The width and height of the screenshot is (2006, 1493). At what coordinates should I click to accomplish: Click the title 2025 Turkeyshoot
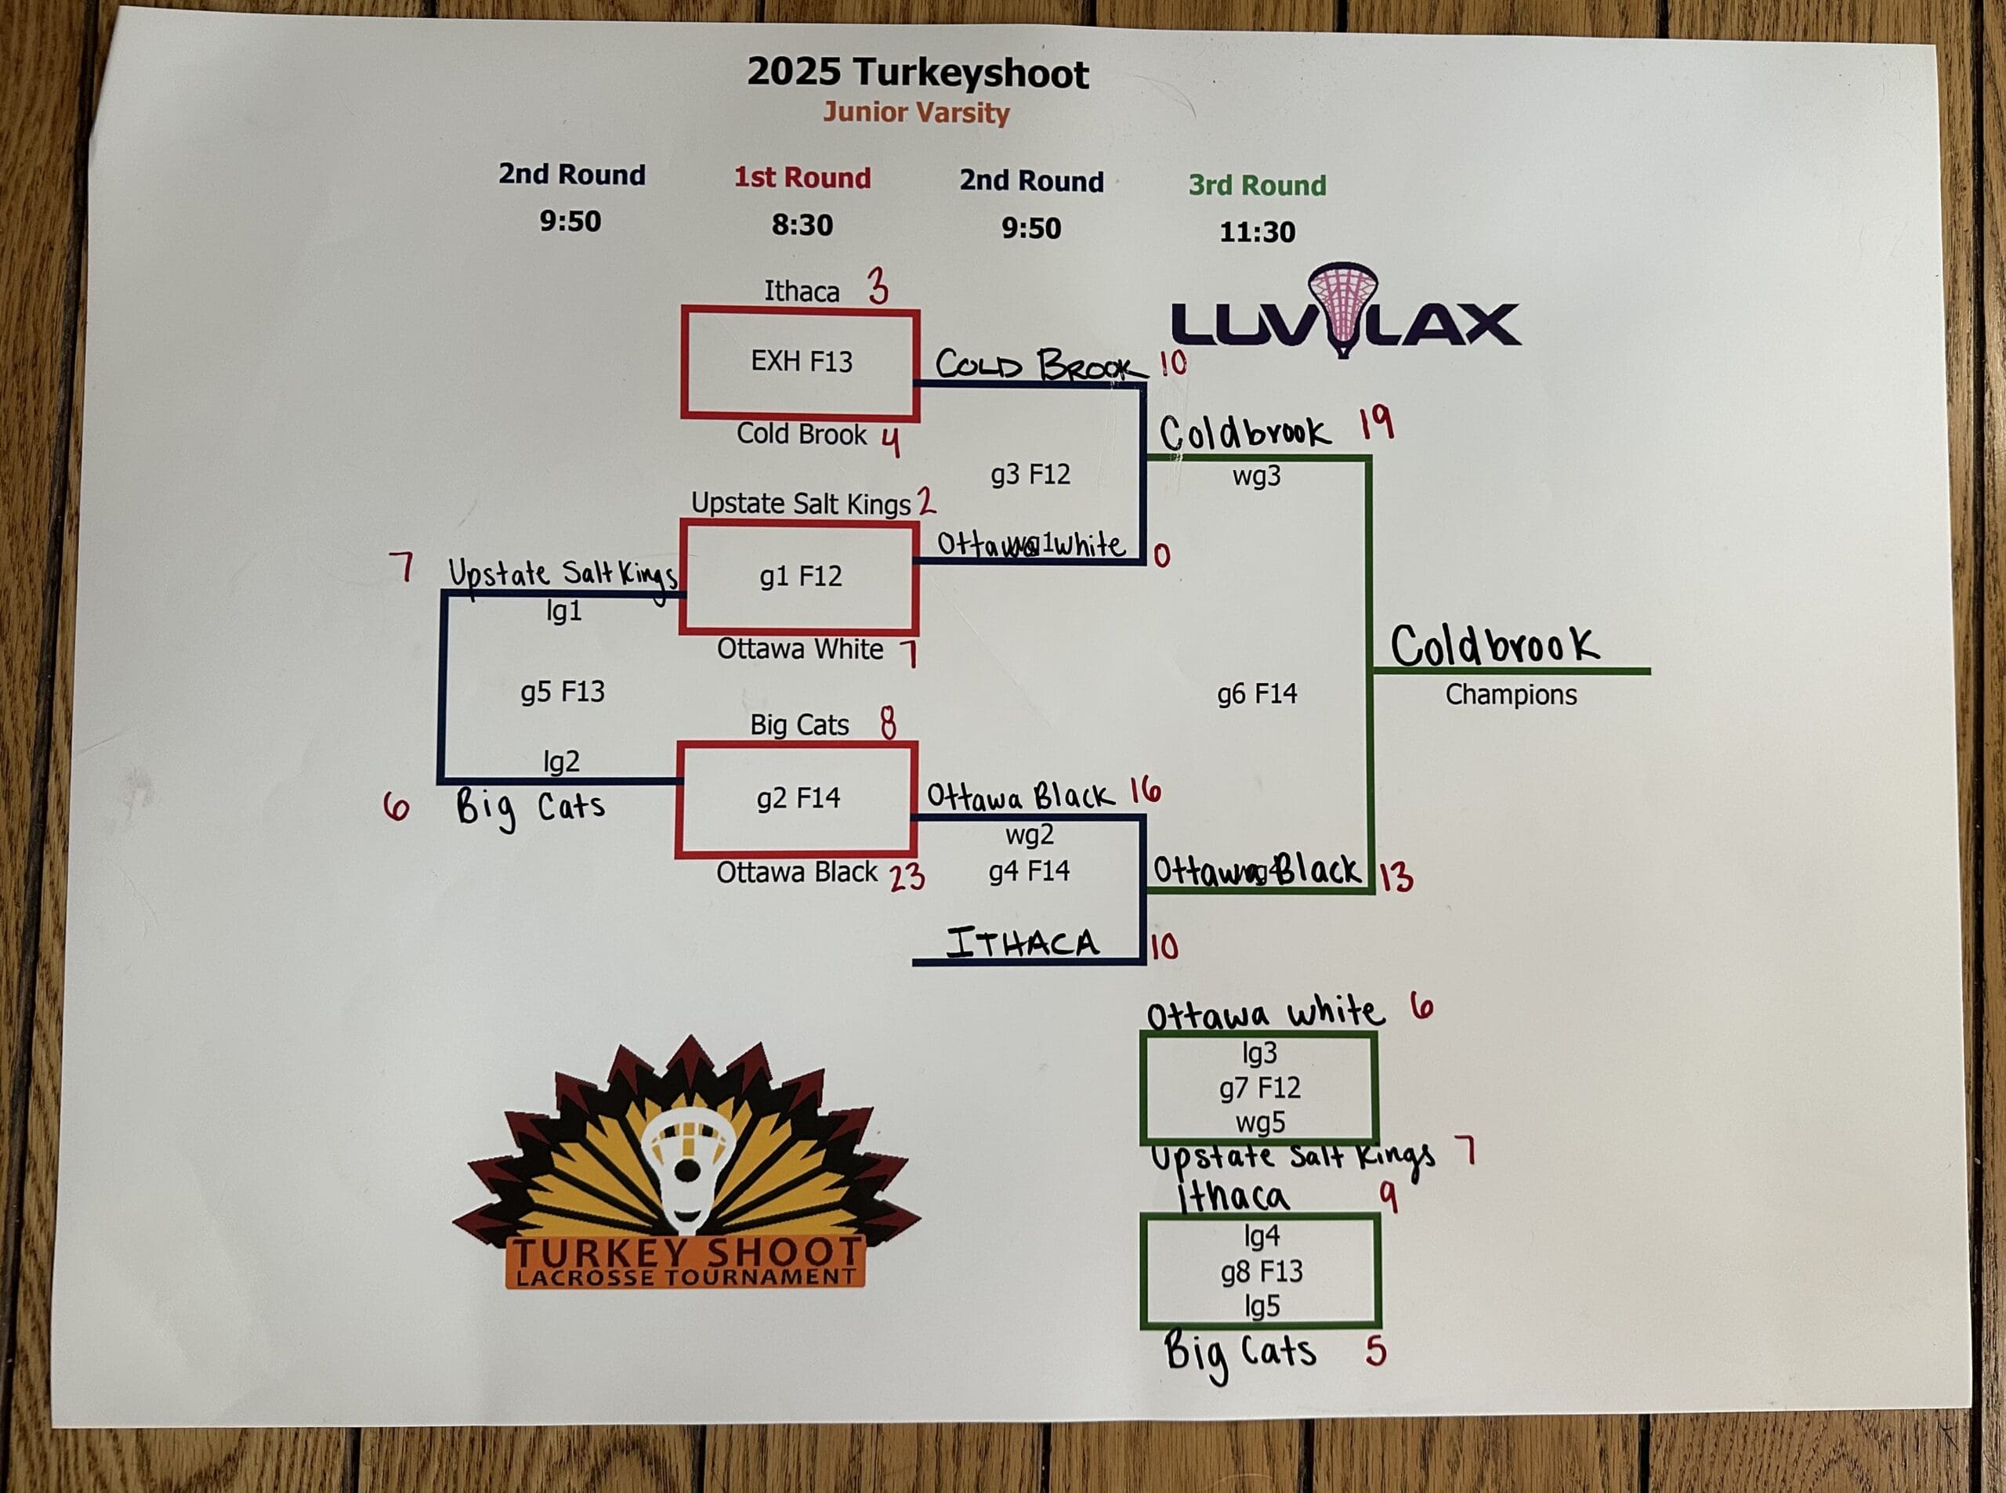(918, 73)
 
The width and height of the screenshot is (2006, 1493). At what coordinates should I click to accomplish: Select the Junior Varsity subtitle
(916, 114)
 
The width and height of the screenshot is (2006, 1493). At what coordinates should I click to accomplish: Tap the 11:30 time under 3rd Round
(1257, 233)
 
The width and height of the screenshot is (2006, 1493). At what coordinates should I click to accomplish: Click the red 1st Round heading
(802, 178)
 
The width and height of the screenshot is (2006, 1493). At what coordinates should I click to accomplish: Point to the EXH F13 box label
(801, 362)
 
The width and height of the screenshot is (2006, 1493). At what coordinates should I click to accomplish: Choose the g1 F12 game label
(800, 577)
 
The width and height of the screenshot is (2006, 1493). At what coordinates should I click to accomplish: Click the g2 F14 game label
(798, 798)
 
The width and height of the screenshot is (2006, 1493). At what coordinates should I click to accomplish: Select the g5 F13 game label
(563, 692)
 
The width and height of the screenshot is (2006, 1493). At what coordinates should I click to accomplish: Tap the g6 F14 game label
(1257, 694)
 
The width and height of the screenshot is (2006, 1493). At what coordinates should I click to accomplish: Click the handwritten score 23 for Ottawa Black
(907, 877)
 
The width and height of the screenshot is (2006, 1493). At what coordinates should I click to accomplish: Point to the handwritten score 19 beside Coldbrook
(1376, 423)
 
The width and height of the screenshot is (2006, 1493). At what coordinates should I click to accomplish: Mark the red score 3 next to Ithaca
(877, 287)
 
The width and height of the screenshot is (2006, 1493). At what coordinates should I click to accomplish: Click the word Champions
(1511, 695)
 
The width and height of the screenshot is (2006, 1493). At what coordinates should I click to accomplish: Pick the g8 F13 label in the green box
(1261, 1271)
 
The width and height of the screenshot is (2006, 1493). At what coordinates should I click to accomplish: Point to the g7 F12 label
(1259, 1088)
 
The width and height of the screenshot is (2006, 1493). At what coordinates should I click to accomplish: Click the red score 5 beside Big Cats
(1375, 1351)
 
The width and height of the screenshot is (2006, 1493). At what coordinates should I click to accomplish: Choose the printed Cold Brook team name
(801, 435)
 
